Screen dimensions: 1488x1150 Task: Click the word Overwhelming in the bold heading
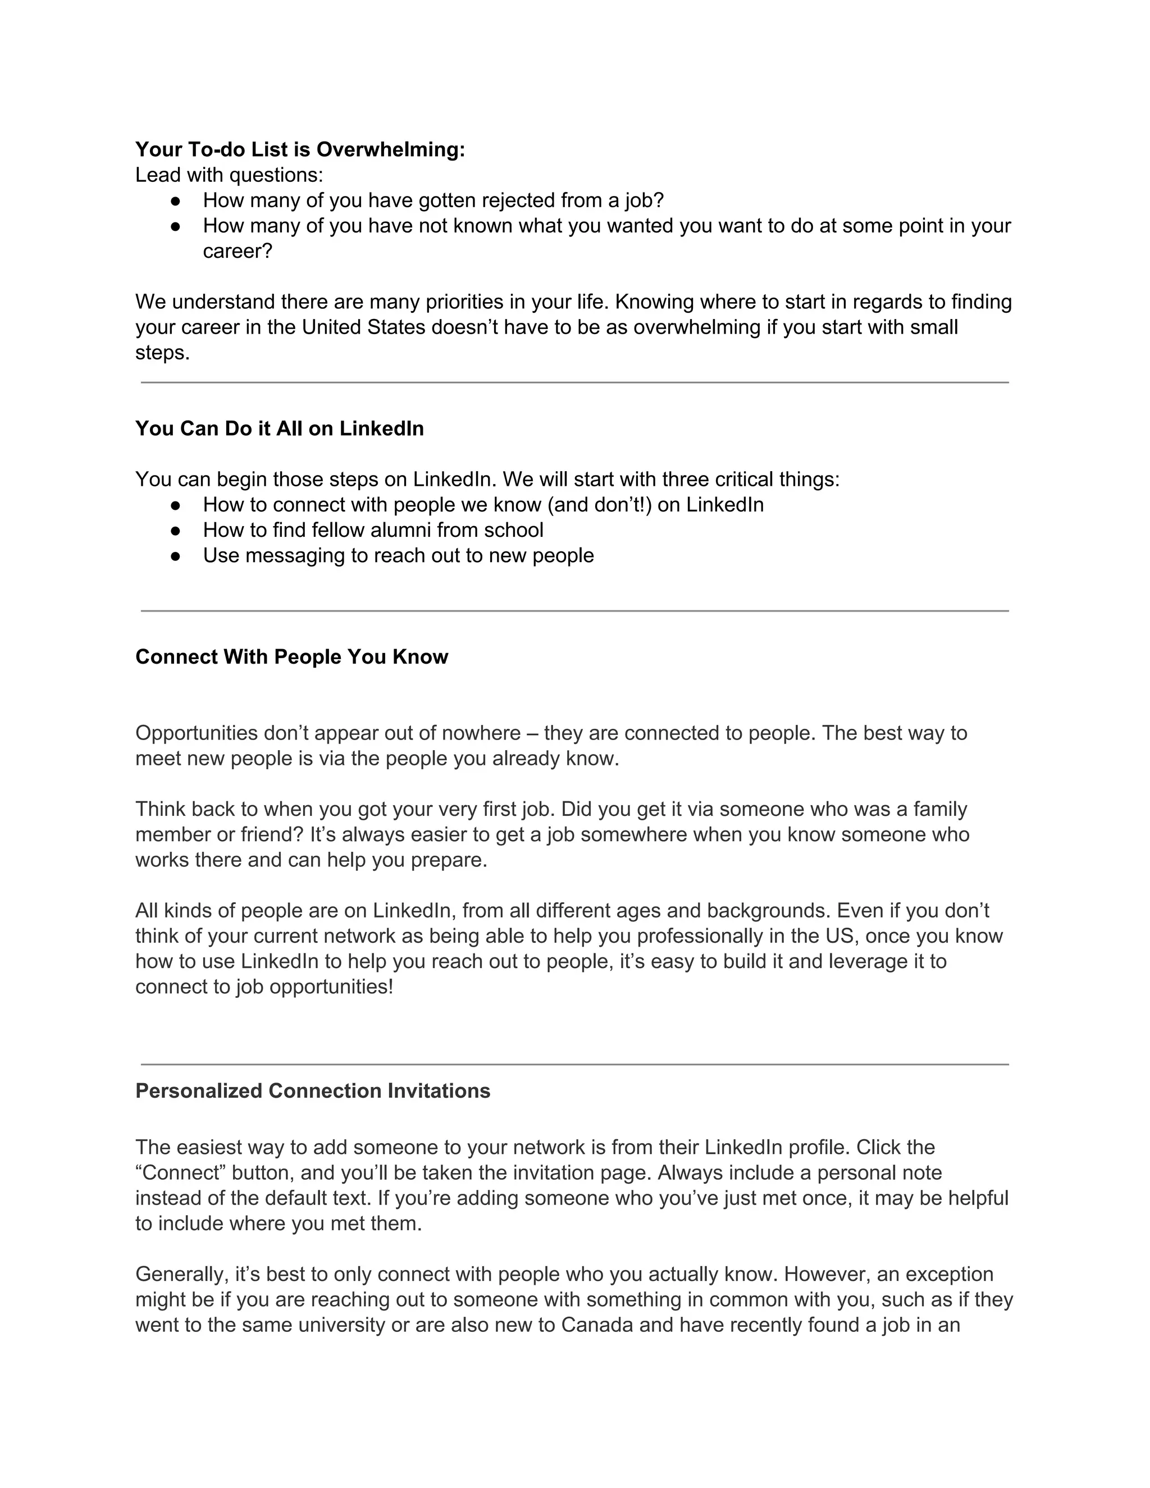[x=390, y=149]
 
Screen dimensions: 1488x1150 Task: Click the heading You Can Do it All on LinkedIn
[x=279, y=428]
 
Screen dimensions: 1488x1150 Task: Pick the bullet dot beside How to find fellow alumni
[x=176, y=530]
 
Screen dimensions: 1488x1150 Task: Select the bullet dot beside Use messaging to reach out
[x=176, y=555]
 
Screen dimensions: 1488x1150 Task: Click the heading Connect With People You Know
[x=291, y=657]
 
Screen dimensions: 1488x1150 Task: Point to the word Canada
[x=597, y=1325]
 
